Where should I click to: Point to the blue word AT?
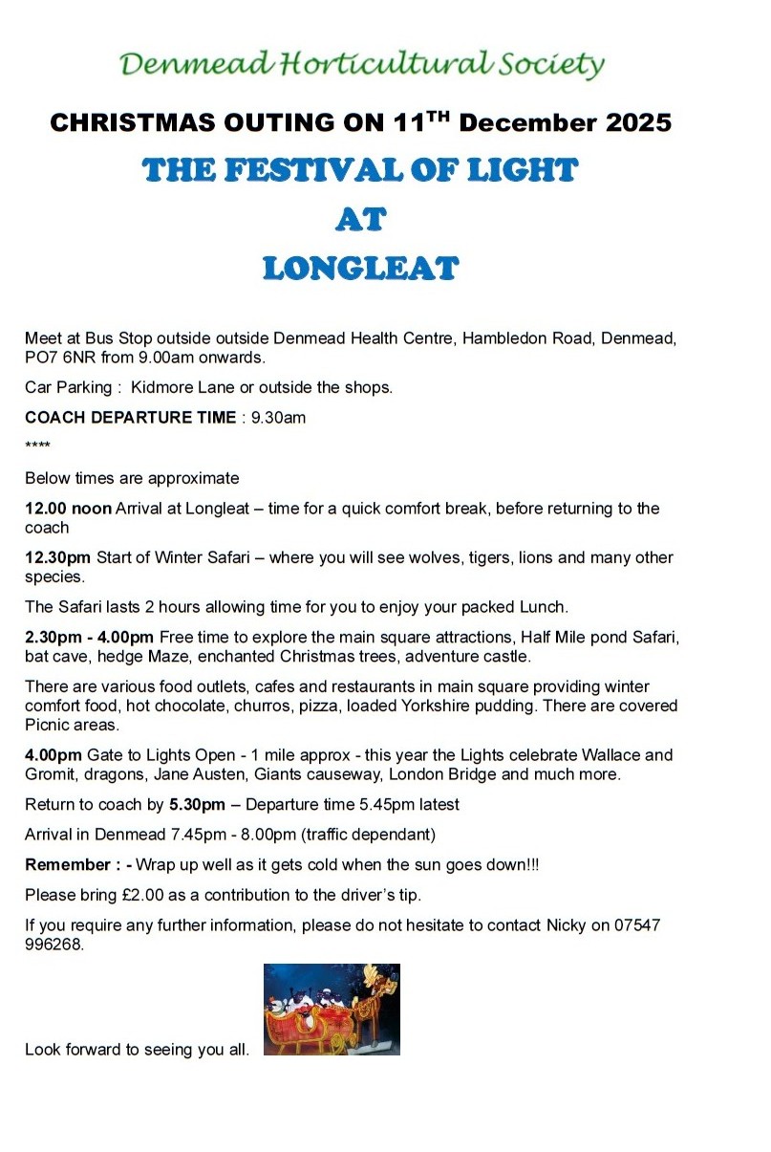pyautogui.click(x=360, y=220)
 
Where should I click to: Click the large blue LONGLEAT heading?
pyautogui.click(x=360, y=269)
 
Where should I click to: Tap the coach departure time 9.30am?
pyautogui.click(x=278, y=418)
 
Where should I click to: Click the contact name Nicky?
pyautogui.click(x=567, y=925)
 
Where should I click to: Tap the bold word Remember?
pyautogui.click(x=67, y=864)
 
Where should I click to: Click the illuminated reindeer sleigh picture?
pyautogui.click(x=332, y=1009)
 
